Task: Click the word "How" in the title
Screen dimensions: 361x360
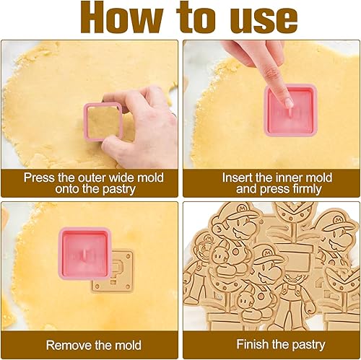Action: click(121, 18)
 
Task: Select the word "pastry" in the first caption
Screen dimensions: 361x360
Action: click(119, 190)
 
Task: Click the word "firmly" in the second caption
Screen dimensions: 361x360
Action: click(307, 190)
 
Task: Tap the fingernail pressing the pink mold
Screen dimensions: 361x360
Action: click(288, 102)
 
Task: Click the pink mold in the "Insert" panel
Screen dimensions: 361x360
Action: click(290, 110)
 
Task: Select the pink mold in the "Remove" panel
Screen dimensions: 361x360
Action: click(84, 253)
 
